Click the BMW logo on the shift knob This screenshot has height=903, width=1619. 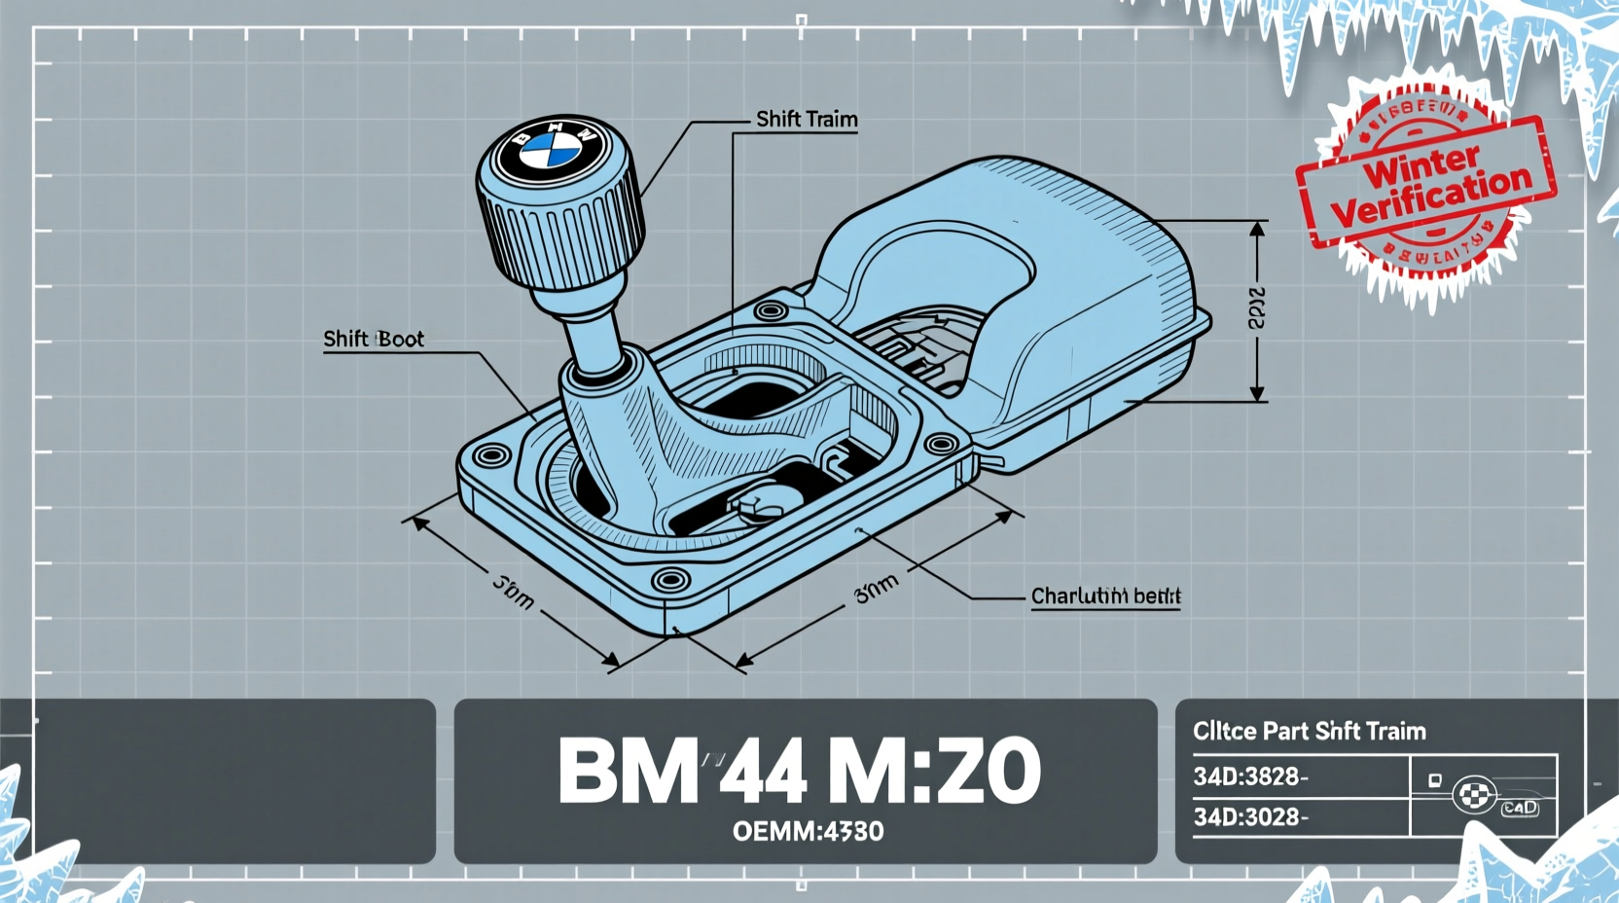tap(550, 153)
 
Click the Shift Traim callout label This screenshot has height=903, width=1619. tap(807, 119)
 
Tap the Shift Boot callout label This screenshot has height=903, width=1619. tap(374, 339)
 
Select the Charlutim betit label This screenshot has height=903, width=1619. tap(1105, 596)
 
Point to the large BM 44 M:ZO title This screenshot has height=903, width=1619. tap(799, 771)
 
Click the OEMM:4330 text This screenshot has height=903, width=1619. tap(808, 831)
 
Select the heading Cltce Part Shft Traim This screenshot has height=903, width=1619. tap(1309, 731)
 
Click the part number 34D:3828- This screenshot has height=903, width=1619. tap(1250, 777)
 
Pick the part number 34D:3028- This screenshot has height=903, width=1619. tap(1250, 816)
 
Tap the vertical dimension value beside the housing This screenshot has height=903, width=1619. tap(1257, 308)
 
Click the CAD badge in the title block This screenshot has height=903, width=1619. tap(1519, 808)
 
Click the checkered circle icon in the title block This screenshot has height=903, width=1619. tap(1474, 795)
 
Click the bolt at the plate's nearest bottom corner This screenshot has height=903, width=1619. tap(670, 581)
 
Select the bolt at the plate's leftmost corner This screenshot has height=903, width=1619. tap(490, 455)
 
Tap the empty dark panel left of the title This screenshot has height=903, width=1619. tap(218, 780)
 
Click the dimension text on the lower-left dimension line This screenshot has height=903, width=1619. tap(513, 592)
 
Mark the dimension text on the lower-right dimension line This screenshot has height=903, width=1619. tap(877, 588)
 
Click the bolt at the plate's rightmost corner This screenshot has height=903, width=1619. tap(941, 446)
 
